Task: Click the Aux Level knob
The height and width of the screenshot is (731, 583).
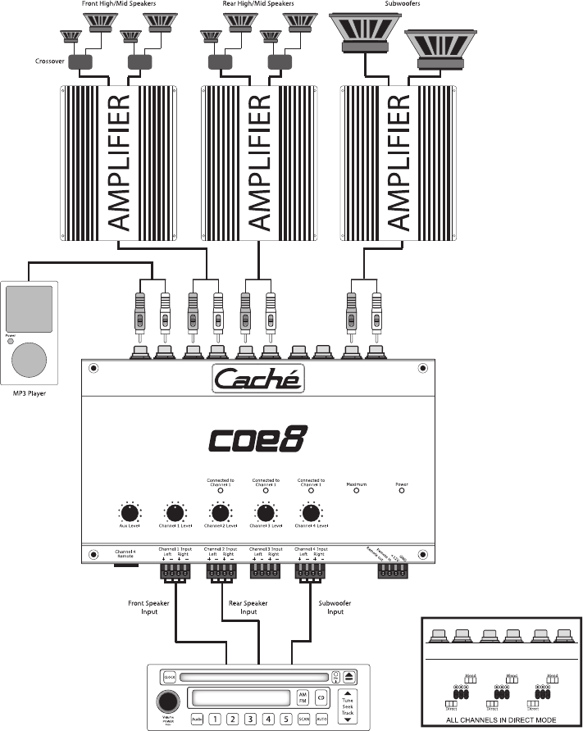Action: point(129,514)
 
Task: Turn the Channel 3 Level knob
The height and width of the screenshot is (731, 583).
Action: point(265,514)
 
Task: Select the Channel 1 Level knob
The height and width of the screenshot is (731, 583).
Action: point(174,514)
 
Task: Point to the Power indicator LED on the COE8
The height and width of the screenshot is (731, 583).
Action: point(402,491)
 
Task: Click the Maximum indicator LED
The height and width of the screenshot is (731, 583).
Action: point(356,491)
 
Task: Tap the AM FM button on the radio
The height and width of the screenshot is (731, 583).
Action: point(302,698)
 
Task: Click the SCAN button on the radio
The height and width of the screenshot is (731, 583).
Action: point(305,719)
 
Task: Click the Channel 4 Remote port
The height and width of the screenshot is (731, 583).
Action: point(125,565)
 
